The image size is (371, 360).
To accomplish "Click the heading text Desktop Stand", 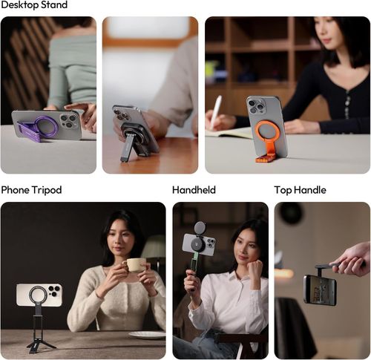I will (34, 5).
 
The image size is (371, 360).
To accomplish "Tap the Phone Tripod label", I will (30, 190).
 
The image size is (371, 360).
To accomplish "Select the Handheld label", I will (194, 190).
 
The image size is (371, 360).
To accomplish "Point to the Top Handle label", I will (300, 190).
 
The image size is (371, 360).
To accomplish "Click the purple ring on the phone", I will (46, 126).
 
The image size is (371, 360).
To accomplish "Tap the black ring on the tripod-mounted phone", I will (38, 295).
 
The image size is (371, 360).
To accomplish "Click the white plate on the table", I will (147, 335).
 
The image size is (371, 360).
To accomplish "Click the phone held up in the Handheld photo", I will (198, 244).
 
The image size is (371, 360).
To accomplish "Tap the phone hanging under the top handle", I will (319, 289).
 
